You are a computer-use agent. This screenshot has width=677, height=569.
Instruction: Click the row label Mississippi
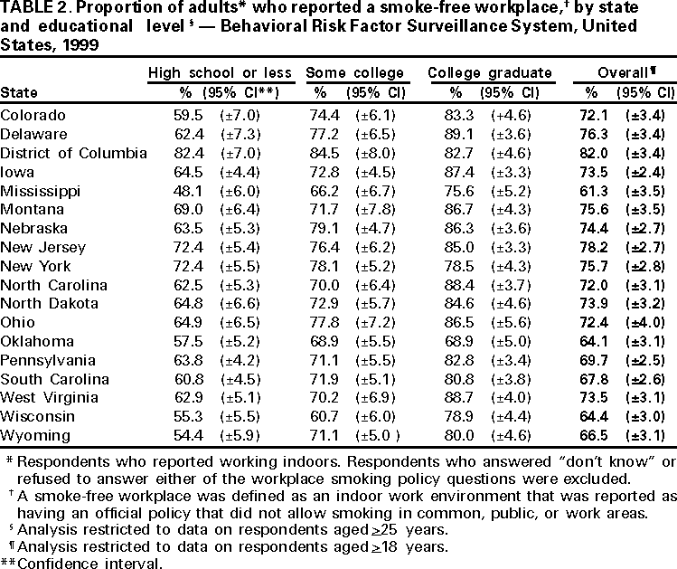click(x=41, y=191)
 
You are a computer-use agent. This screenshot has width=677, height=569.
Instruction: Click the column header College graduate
click(x=489, y=71)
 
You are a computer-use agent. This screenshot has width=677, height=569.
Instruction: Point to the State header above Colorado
click(x=18, y=92)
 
